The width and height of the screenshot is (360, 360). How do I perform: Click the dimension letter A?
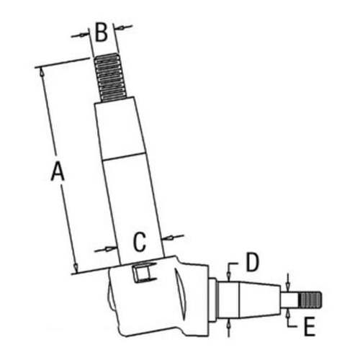point(56,173)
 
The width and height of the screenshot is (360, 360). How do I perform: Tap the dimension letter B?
point(102,32)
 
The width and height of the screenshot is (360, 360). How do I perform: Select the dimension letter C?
point(140,240)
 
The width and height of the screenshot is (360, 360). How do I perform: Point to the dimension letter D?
point(251,261)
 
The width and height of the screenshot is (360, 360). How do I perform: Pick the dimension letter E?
point(310,328)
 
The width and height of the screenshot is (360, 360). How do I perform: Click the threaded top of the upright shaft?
point(109,78)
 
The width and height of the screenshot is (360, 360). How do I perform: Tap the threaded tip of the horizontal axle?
point(311,297)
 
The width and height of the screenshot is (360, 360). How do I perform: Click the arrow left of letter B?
point(85,35)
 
